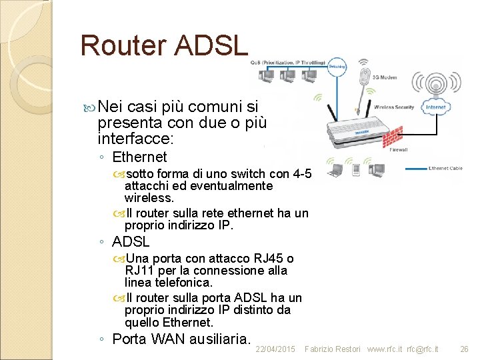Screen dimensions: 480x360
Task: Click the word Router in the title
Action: [x=123, y=45]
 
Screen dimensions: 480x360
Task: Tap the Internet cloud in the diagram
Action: [x=436, y=106]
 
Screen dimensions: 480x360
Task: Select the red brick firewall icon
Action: [x=399, y=135]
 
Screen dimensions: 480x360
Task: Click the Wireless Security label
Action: [x=393, y=107]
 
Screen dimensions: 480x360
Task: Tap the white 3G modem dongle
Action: [x=365, y=74]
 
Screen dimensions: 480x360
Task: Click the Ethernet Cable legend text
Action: [x=447, y=167]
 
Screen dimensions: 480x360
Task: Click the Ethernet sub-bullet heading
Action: [x=139, y=157]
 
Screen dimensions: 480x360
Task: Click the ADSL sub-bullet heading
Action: [x=131, y=242]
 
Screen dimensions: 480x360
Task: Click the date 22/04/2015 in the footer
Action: [x=275, y=349]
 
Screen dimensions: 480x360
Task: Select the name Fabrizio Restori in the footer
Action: [x=332, y=349]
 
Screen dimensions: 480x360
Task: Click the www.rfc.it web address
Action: [x=385, y=349]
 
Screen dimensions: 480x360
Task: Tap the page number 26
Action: [x=465, y=349]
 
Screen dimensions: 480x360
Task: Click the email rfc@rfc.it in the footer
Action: [x=423, y=349]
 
